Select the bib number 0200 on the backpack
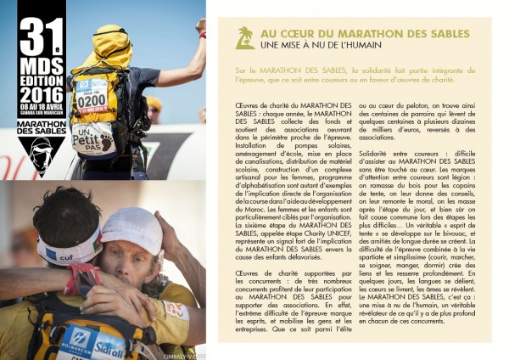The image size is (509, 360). [x=92, y=100]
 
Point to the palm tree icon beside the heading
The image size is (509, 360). [x=245, y=37]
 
